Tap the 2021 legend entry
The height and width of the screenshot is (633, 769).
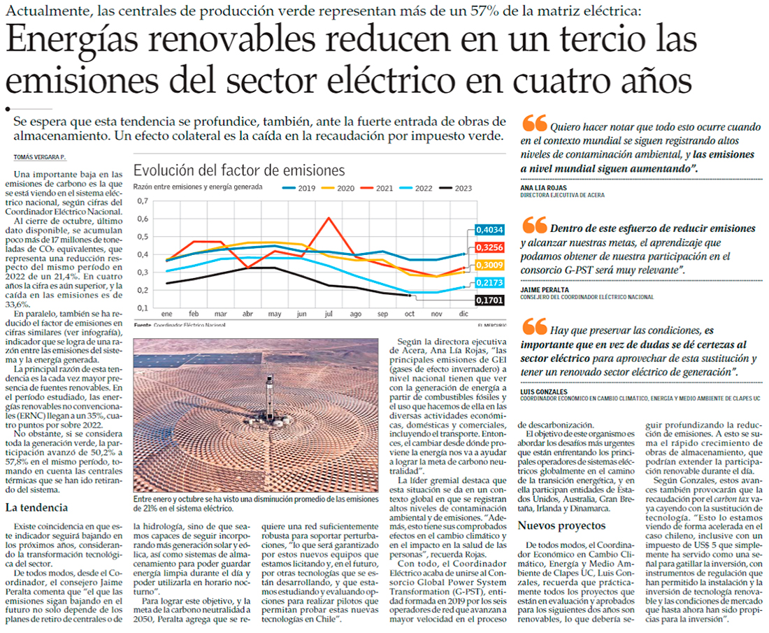tap(383, 187)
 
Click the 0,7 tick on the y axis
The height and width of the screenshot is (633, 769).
tap(143, 201)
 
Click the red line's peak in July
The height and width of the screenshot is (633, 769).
tap(329, 218)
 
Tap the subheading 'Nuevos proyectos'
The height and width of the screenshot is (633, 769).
tap(556, 525)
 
